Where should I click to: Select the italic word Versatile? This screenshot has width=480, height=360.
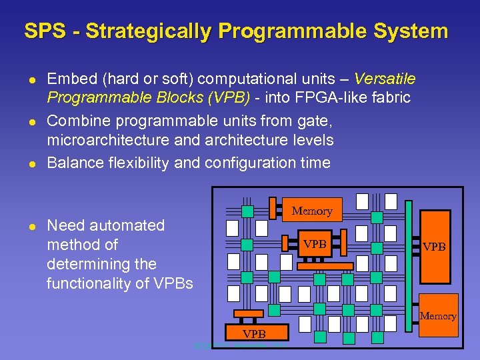(385, 79)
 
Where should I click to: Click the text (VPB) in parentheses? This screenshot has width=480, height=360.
(229, 99)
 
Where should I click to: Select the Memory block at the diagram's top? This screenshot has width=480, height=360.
(311, 210)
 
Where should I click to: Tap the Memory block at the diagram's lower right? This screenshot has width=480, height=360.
(438, 315)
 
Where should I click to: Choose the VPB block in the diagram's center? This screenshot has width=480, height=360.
(315, 243)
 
